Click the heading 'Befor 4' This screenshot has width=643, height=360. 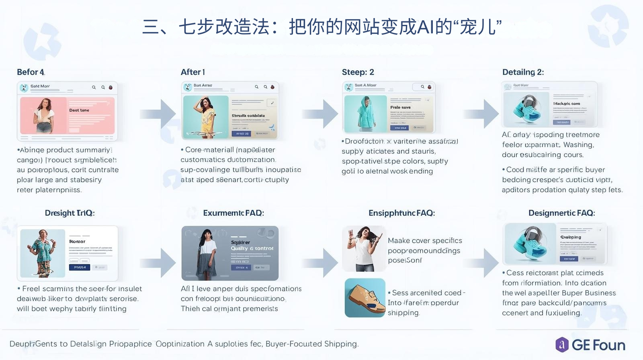(x=31, y=72)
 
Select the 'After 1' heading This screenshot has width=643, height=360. (x=193, y=72)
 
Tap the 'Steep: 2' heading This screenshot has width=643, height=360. (x=358, y=72)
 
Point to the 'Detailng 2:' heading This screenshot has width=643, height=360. (x=523, y=72)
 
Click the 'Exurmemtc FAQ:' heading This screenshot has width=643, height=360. (x=233, y=213)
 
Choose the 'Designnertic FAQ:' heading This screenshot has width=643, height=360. (x=561, y=213)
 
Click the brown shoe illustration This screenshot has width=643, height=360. (x=365, y=298)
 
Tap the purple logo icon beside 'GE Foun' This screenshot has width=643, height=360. (x=562, y=345)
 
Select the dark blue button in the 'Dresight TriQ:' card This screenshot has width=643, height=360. (x=79, y=267)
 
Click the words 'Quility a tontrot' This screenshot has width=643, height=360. (x=252, y=249)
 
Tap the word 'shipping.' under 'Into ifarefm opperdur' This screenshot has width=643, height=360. (x=403, y=313)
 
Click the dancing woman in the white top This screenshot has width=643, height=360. (x=364, y=248)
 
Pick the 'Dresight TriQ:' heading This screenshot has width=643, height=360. (x=70, y=213)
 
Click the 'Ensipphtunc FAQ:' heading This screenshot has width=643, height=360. (x=401, y=213)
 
